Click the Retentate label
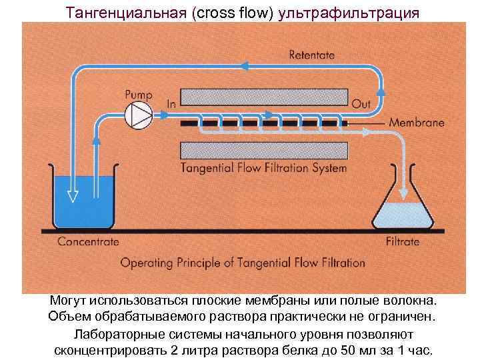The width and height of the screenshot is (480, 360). pyautogui.click(x=311, y=55)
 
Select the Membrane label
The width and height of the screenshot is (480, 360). pyautogui.click(x=416, y=123)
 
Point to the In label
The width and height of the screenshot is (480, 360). pyautogui.click(x=171, y=104)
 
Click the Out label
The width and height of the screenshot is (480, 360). pyautogui.click(x=361, y=104)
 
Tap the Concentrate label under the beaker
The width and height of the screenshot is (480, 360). pyautogui.click(x=88, y=242)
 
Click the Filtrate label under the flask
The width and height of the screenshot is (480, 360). pyautogui.click(x=403, y=242)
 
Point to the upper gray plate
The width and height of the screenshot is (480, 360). pyautogui.click(x=266, y=98)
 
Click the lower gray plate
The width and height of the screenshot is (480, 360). pyautogui.click(x=266, y=150)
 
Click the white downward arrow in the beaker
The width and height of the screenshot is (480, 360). pyautogui.click(x=72, y=194)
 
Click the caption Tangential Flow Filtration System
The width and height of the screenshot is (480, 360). pyautogui.click(x=264, y=168)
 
